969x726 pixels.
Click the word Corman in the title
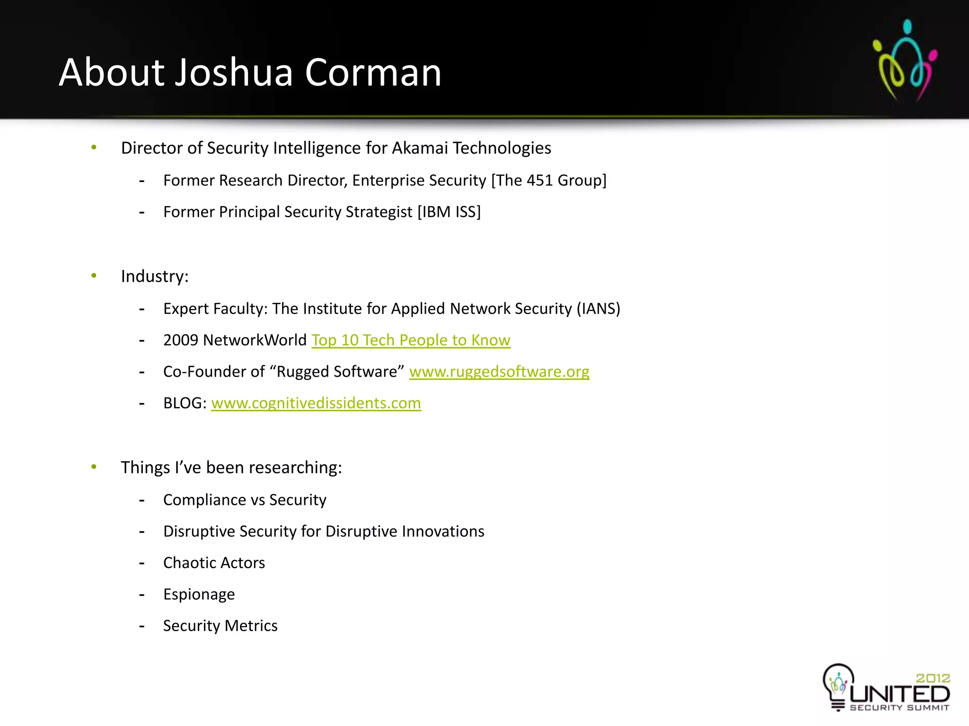point(373,73)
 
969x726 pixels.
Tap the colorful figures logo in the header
point(905,60)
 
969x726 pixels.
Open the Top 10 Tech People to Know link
point(411,340)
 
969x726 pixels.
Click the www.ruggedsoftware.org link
point(499,372)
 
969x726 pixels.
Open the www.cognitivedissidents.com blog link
point(316,403)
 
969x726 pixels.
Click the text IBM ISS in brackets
point(449,212)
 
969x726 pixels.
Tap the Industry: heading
point(155,277)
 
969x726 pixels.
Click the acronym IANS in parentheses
point(598,309)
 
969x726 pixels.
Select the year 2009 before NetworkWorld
point(181,340)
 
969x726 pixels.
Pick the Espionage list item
point(199,595)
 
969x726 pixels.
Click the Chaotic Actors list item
point(214,563)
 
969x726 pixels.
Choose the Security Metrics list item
point(220,626)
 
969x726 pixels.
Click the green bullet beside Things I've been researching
point(94,467)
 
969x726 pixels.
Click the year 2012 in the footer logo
point(933,678)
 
